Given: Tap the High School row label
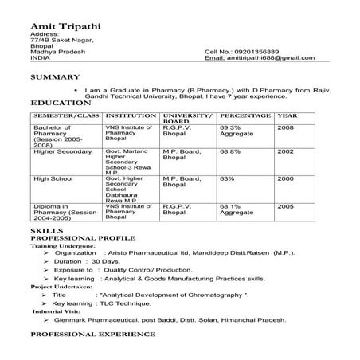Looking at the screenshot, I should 53,179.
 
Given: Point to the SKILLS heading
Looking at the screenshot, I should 46,230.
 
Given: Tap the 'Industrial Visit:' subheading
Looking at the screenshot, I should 55,312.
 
